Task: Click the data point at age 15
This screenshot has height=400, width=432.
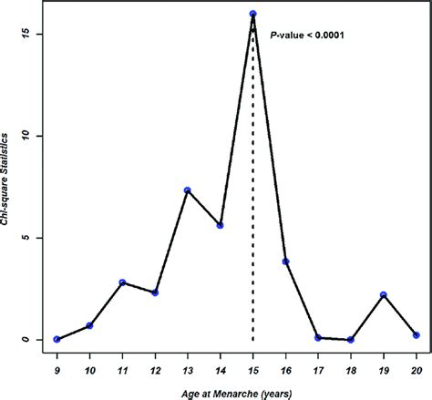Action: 252,14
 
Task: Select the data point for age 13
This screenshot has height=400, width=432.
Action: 187,190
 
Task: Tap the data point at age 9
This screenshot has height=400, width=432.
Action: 57,339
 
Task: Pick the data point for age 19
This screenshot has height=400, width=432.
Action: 384,295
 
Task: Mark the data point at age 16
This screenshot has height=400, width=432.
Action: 285,262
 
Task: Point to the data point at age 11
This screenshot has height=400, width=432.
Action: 122,282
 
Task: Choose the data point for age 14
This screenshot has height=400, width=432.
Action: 220,225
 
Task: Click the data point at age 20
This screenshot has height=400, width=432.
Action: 416,335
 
